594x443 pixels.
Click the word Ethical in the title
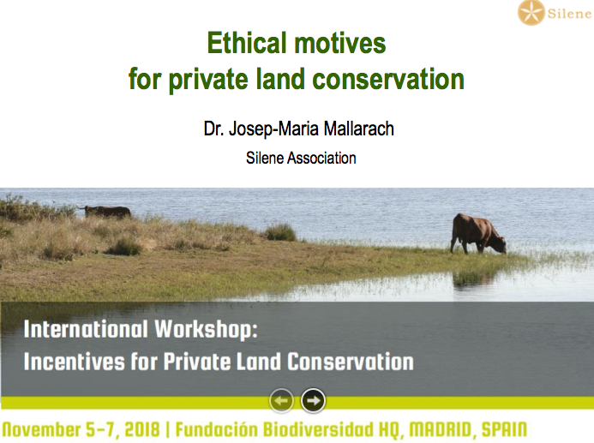click(x=247, y=43)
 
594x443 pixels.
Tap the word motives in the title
click(x=340, y=43)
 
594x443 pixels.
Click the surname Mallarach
click(x=359, y=129)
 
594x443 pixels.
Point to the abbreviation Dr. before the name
click(x=214, y=129)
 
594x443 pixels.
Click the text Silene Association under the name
click(x=301, y=158)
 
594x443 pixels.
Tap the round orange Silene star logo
click(x=531, y=13)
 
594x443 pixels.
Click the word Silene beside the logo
click(x=569, y=14)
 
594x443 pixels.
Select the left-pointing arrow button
click(x=281, y=401)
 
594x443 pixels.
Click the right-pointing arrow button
click(x=313, y=401)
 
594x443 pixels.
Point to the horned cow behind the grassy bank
click(x=105, y=212)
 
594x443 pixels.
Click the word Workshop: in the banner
click(x=206, y=329)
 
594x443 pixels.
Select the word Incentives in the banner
click(x=75, y=362)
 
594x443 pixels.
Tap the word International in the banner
click(x=86, y=329)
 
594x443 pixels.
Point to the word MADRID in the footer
click(x=441, y=430)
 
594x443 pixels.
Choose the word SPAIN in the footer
click(x=504, y=430)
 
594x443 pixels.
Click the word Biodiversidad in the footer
click(x=318, y=430)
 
